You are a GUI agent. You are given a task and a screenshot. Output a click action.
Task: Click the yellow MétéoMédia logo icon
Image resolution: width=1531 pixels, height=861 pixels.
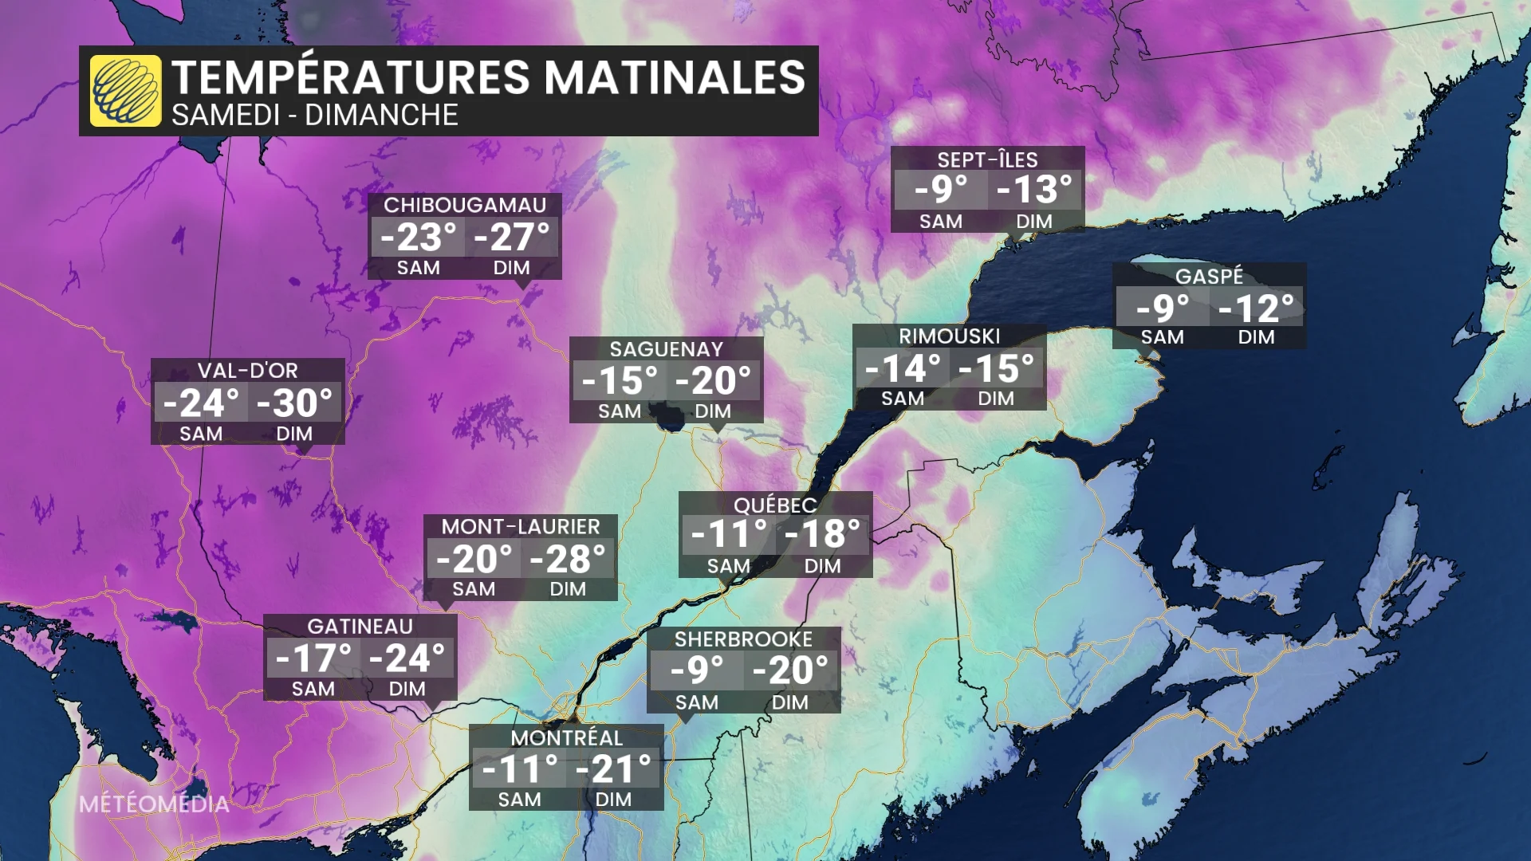[125, 91]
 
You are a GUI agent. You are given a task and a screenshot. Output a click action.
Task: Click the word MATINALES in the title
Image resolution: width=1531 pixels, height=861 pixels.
[675, 77]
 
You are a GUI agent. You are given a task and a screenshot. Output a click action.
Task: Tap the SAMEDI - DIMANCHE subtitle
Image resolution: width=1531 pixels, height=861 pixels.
[314, 116]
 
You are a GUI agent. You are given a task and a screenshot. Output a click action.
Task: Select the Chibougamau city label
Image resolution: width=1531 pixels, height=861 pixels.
[465, 205]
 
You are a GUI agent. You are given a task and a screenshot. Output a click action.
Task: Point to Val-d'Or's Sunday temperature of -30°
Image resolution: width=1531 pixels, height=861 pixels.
[294, 403]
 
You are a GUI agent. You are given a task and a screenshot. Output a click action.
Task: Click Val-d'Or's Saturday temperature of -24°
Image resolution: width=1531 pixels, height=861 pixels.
[201, 403]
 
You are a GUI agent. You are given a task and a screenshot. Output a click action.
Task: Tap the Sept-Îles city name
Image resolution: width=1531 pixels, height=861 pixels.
[987, 159]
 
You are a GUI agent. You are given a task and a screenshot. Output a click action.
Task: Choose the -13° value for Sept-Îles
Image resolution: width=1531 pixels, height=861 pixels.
[1034, 190]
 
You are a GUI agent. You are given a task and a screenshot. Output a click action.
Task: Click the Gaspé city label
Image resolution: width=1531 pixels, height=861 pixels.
[1209, 276]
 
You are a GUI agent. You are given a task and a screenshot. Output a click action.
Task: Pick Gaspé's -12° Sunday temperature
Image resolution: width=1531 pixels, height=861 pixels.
[1256, 308]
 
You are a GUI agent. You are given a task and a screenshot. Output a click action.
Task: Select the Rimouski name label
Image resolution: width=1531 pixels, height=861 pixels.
[949, 336]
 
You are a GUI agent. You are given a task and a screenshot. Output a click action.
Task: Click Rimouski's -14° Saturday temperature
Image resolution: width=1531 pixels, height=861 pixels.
[903, 368]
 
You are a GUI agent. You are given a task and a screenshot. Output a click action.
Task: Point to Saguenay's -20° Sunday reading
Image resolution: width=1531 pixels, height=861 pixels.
[713, 380]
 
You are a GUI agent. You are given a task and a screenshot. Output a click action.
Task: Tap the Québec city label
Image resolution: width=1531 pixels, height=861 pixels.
[775, 505]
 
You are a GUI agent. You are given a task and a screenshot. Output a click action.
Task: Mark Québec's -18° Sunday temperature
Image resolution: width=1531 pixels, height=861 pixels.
[822, 534]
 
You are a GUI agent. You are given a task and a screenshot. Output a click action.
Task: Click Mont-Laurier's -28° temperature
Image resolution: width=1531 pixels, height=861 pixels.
[568, 559]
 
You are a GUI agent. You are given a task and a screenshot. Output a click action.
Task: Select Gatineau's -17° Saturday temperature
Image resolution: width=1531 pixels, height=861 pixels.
[313, 659]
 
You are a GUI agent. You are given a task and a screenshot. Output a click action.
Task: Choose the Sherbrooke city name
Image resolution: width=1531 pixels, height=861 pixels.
[743, 639]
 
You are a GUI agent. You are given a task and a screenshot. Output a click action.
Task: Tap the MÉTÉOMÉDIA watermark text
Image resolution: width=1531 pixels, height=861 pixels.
[154, 804]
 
